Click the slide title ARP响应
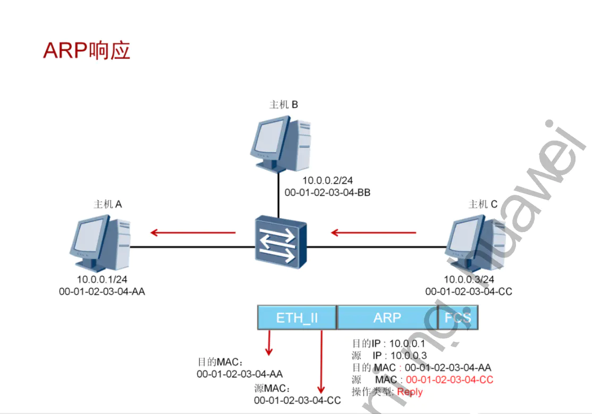tap(87, 50)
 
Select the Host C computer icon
tap(475, 241)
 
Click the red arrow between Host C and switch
tap(374, 232)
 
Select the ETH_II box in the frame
tap(297, 318)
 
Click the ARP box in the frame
tap(387, 318)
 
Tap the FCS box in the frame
tap(458, 318)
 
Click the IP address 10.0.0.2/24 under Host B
tap(327, 181)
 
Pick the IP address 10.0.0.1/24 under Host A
tap(102, 279)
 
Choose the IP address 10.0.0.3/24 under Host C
tap(469, 279)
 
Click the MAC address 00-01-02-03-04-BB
tap(327, 193)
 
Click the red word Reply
tap(410, 392)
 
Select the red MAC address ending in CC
tap(449, 379)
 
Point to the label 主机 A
tap(108, 204)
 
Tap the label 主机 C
tap(483, 204)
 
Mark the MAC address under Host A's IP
tap(102, 291)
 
